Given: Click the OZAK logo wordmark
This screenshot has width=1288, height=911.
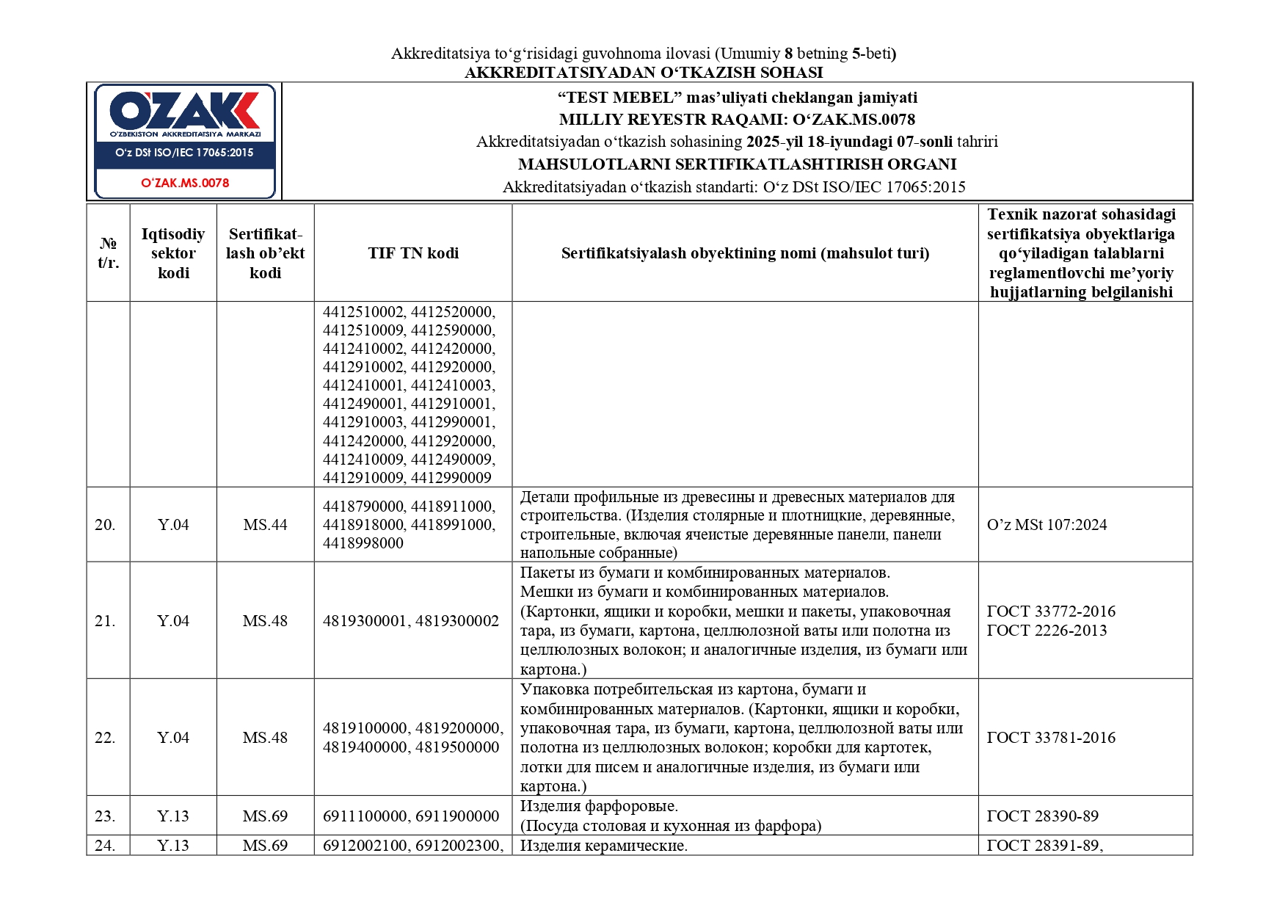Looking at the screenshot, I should pos(184,111).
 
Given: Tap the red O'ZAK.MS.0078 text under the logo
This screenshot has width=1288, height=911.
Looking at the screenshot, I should pos(185,183).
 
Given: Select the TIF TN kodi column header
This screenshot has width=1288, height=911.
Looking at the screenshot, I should pos(413,253).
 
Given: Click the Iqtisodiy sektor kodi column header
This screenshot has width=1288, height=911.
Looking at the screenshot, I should pos(173,253).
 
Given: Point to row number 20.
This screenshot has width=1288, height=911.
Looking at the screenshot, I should pos(105,525).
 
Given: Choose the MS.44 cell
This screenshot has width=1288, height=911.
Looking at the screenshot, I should pos(265,525).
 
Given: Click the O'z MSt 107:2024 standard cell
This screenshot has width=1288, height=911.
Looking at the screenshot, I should pos(1047,525).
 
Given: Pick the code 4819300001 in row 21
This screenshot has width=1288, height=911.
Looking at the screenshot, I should pos(365,621).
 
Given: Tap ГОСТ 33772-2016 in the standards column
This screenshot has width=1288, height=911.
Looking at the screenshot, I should pos(1051,611).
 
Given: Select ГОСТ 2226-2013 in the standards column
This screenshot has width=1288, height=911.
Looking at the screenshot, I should pos(1047,631).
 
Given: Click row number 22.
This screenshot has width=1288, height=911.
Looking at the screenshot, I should pos(105,738).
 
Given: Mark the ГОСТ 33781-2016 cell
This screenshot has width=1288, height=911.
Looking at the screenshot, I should pos(1051,738).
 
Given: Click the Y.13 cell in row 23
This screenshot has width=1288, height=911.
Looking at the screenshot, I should pos(173,816).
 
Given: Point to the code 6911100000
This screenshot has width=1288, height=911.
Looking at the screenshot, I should pos(365,816).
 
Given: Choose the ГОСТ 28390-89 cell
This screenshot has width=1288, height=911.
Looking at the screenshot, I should pos(1042,816).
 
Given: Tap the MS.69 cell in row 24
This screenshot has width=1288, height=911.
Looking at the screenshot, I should pos(265,846).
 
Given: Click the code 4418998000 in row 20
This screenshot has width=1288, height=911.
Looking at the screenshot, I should pos(363,543).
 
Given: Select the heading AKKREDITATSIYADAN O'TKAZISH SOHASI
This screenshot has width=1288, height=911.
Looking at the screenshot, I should pos(644,73).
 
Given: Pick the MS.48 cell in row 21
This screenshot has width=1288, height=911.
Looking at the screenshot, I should pos(265,621).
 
